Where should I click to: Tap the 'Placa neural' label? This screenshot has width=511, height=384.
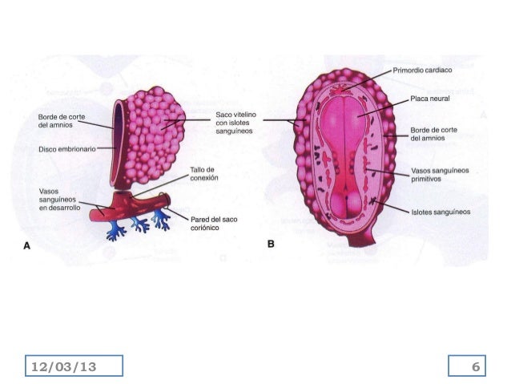coord(429,99)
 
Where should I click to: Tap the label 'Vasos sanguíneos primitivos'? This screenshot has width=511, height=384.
coord(440,175)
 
